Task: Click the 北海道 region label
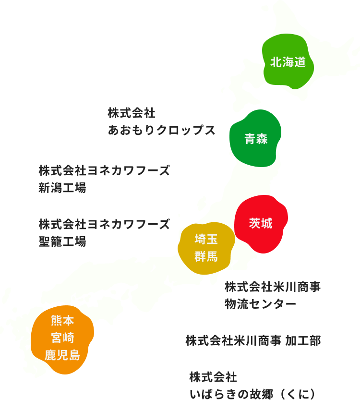point(288,62)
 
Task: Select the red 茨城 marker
point(261,223)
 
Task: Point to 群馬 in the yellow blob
point(206,256)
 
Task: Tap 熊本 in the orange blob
point(62,320)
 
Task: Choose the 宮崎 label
point(62,338)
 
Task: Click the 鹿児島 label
point(62,355)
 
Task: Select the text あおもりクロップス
point(161,130)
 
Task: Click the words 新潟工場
point(62,188)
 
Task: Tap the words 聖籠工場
point(62,241)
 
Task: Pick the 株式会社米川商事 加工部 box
point(253,340)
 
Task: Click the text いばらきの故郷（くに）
point(253,394)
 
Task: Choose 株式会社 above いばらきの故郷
point(213,377)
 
